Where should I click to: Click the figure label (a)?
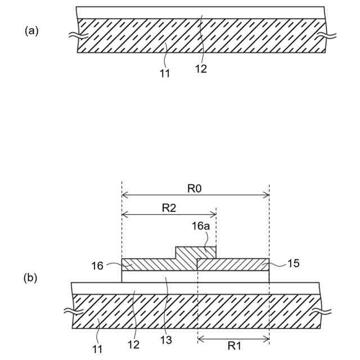[31, 31]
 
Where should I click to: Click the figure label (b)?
[31, 277]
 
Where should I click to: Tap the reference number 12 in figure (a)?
[201, 69]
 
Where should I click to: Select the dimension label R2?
[169, 208]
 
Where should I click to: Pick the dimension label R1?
[233, 347]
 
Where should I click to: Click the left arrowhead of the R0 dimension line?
[124, 195]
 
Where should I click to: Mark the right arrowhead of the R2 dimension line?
[214, 214]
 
